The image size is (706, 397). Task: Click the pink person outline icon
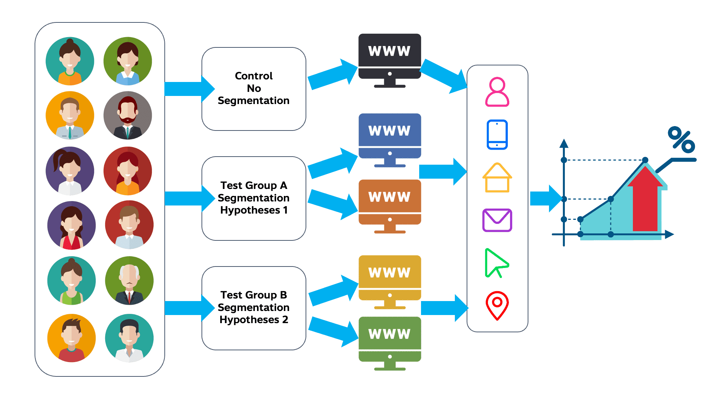click(x=497, y=92)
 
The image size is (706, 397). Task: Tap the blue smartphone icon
click(x=497, y=135)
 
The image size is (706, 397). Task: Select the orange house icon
click(x=497, y=178)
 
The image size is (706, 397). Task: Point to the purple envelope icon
click(x=497, y=220)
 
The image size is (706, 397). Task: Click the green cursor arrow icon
click(x=496, y=262)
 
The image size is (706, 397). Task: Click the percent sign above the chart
click(x=681, y=140)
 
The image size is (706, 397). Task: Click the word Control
click(x=254, y=76)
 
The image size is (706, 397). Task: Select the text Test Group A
click(x=254, y=185)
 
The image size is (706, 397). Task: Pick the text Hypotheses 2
click(x=254, y=320)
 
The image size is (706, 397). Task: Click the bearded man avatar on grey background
click(x=128, y=115)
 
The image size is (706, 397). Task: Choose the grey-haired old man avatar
click(x=129, y=280)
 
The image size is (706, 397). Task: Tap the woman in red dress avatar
click(x=71, y=225)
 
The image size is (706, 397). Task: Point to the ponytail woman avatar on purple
click(x=70, y=171)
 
